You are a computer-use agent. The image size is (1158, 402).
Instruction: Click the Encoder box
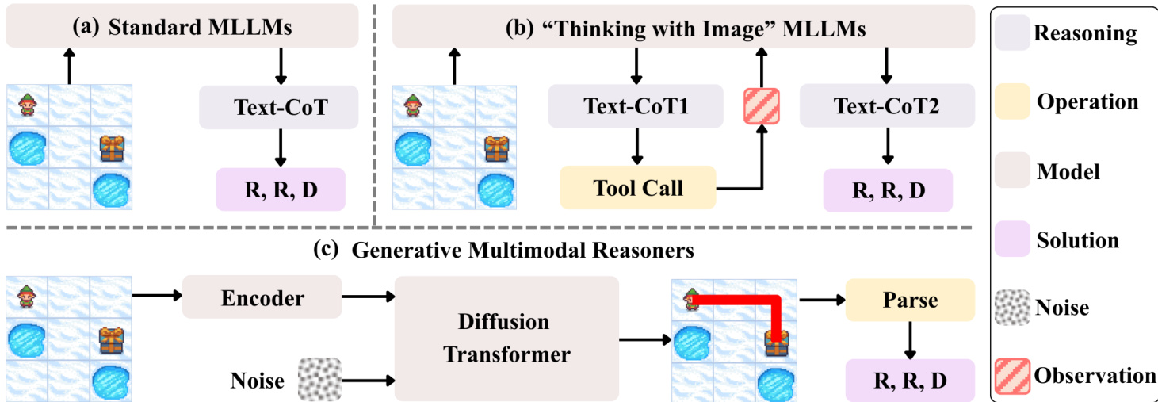262,298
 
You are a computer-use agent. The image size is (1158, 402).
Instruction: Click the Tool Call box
638,188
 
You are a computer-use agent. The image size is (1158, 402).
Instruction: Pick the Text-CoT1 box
636,106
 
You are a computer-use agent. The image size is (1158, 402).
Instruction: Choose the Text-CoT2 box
887,106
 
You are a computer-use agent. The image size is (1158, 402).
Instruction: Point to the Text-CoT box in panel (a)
280,106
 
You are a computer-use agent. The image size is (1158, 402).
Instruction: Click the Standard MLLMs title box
182,27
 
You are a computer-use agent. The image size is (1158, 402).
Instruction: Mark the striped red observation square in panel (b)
761,105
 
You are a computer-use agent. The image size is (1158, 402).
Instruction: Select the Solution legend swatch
1012,239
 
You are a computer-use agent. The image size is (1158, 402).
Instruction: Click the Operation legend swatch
1012,102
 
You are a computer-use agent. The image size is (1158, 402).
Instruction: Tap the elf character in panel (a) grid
28,104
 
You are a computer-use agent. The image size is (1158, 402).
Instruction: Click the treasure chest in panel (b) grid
497,147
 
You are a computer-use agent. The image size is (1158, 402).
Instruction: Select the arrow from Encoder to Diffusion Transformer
367,297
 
